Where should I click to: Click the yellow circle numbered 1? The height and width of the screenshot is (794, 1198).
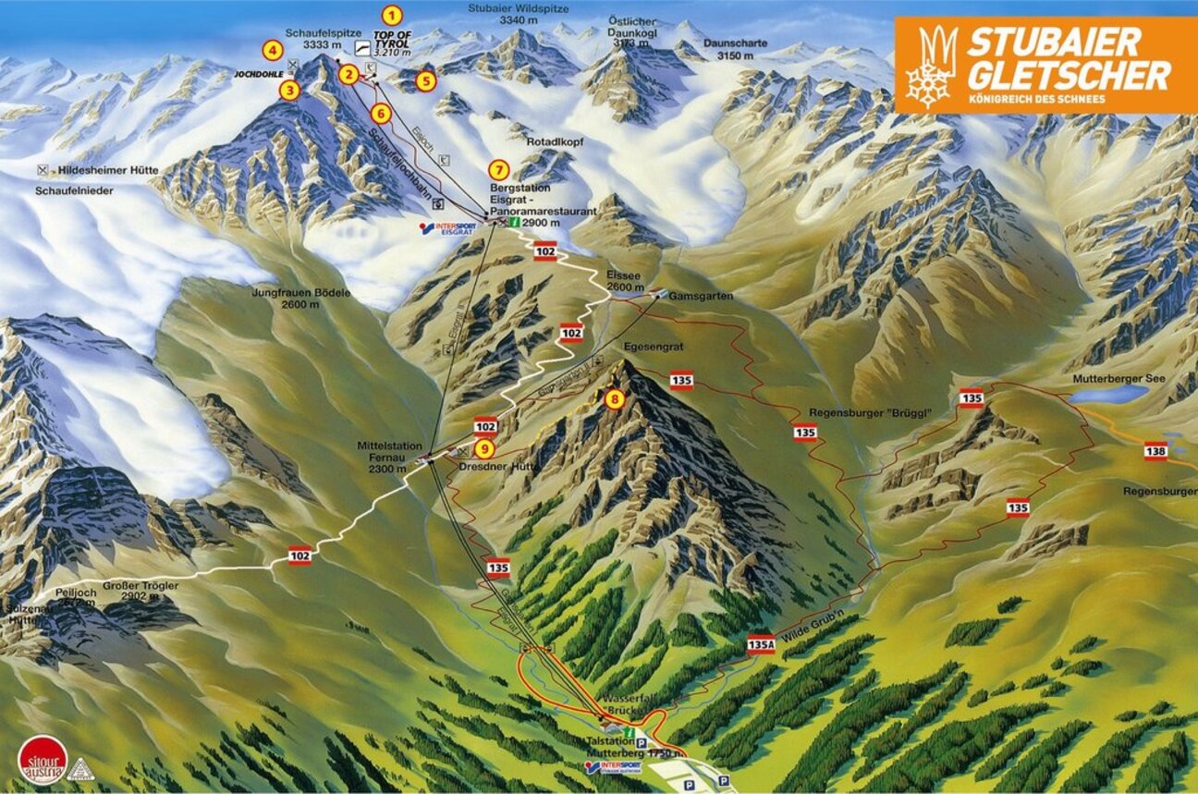click(x=393, y=15)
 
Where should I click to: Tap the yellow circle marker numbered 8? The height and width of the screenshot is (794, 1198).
click(x=614, y=399)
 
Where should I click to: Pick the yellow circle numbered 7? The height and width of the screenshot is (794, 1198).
click(x=499, y=169)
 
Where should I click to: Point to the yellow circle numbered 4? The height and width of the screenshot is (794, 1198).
click(x=271, y=50)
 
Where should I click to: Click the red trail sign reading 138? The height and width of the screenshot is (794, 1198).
click(x=1155, y=450)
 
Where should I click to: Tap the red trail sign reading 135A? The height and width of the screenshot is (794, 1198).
click(x=760, y=646)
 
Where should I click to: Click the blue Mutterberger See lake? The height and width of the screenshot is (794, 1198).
click(x=1109, y=395)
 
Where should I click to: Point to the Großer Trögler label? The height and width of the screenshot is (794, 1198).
click(x=140, y=590)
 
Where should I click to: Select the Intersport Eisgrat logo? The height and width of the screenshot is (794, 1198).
click(x=448, y=228)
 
